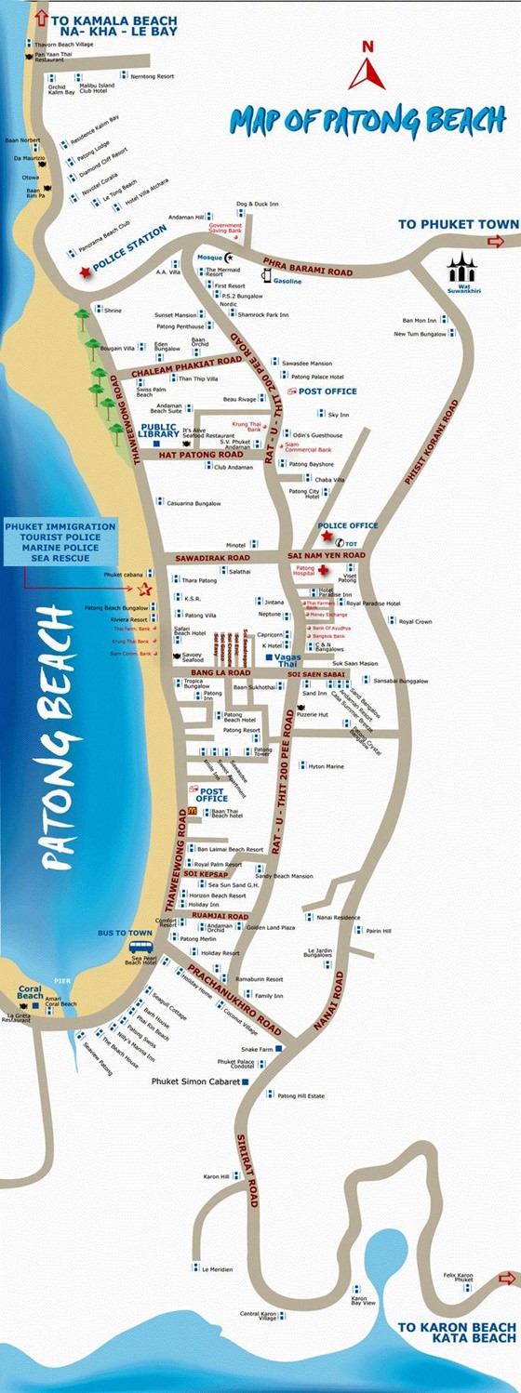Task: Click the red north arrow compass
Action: [x=367, y=67]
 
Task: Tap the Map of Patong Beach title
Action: [x=368, y=120]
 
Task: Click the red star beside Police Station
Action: [x=87, y=271]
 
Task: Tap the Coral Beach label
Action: [x=30, y=996]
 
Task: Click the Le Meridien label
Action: [x=218, y=1269]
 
